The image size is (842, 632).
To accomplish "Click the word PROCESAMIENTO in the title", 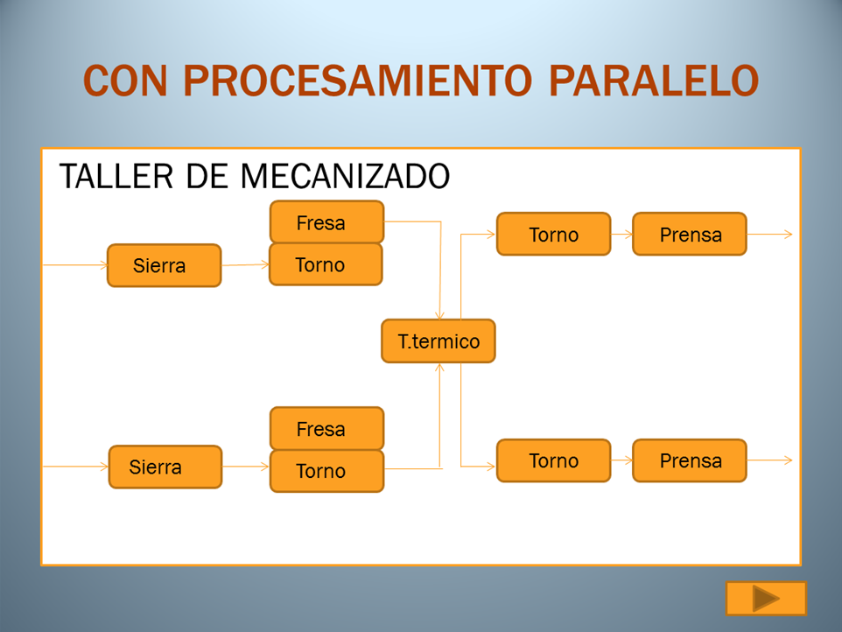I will click(357, 81).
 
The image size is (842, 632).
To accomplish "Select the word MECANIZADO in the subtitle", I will click(345, 176).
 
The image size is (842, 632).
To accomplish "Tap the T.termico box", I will click(439, 341).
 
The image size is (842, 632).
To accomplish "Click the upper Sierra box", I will click(164, 265).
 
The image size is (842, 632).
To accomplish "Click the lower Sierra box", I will click(165, 467).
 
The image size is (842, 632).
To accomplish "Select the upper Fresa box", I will click(326, 222).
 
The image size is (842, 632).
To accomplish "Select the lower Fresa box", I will click(326, 429).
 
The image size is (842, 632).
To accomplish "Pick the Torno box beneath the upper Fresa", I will click(326, 264).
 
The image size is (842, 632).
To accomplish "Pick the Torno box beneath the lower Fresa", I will click(326, 471).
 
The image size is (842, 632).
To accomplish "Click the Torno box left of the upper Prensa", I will click(553, 235).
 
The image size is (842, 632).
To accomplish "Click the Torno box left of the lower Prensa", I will click(553, 460).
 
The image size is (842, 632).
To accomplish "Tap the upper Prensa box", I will click(690, 235).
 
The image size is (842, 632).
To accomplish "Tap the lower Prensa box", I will click(690, 460).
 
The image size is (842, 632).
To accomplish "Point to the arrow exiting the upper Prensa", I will click(770, 235).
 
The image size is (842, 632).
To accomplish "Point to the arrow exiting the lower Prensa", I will click(770, 460).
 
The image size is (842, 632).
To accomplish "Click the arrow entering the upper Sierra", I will click(74, 264).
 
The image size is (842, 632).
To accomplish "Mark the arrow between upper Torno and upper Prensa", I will click(621, 235).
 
